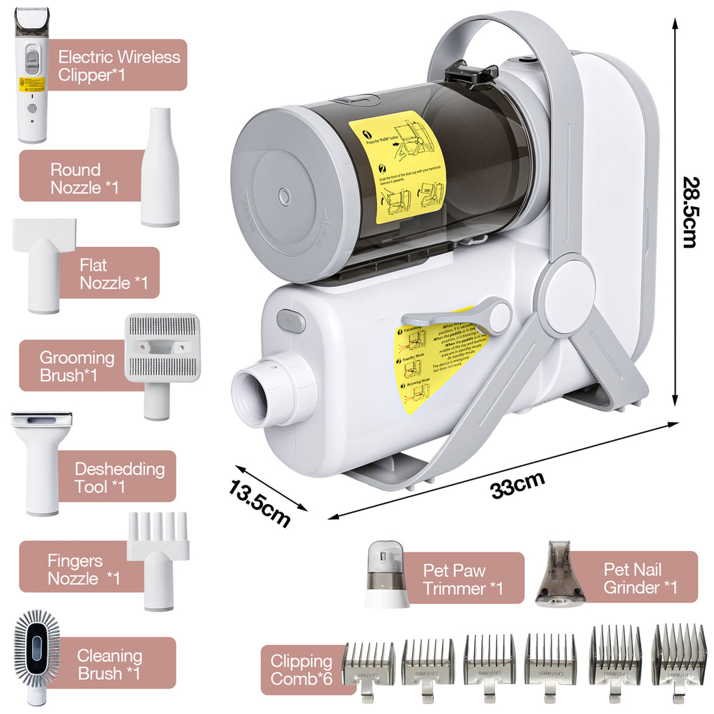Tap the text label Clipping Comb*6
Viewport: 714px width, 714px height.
coord(301,669)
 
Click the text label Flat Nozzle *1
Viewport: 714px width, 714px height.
coord(114,273)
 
